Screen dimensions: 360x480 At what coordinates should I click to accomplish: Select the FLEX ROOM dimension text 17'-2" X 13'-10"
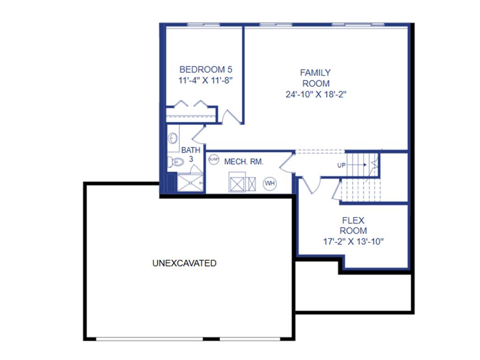point(353,242)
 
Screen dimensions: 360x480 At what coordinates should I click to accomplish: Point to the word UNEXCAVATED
point(184,263)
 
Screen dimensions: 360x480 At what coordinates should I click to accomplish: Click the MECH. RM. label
point(244,162)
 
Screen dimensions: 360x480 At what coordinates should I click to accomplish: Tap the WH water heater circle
point(270,183)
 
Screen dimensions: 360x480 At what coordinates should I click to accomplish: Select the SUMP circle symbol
point(213,159)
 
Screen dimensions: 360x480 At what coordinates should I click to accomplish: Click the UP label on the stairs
point(342,165)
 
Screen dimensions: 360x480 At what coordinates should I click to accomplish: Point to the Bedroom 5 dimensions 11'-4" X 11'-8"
point(206,80)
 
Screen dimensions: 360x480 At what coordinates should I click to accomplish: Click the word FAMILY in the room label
point(315,73)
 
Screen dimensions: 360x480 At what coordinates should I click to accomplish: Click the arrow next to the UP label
point(359,165)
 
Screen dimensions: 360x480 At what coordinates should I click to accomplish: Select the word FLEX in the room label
point(353,220)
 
